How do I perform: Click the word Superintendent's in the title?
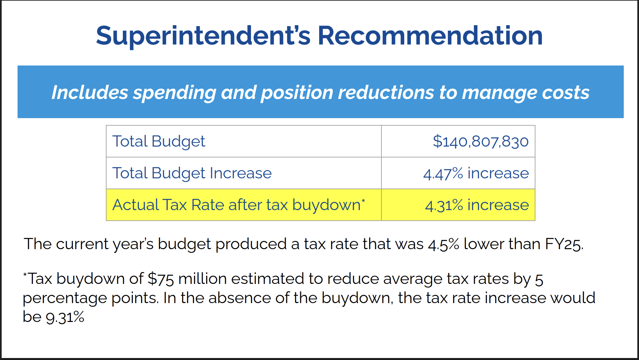click(x=203, y=36)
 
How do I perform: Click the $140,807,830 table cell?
click(x=480, y=141)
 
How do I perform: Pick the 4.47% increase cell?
click(x=476, y=173)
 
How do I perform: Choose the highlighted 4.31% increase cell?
click(x=477, y=205)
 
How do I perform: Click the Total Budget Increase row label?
click(x=192, y=173)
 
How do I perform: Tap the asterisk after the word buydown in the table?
click(x=363, y=201)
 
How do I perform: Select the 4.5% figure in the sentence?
click(x=443, y=244)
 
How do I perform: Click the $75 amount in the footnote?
click(x=161, y=279)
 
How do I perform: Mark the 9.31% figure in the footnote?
click(x=65, y=317)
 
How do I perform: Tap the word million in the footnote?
click(x=202, y=279)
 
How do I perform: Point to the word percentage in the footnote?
click(x=65, y=298)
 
